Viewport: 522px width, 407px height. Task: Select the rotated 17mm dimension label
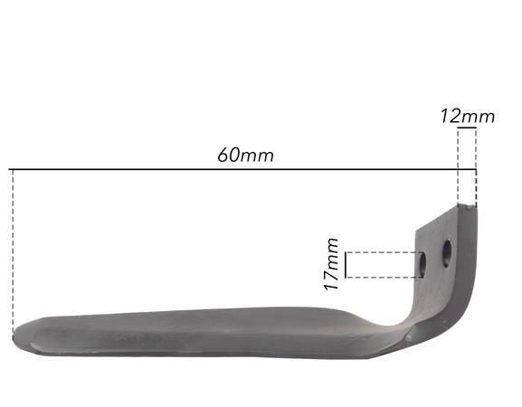(332, 263)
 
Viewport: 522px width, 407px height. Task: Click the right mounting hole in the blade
(446, 253)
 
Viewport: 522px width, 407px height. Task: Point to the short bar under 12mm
(467, 129)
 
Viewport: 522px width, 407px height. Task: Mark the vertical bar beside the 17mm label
(348, 264)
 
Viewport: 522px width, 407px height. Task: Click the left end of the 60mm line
(11, 169)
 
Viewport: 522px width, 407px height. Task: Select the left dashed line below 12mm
(459, 172)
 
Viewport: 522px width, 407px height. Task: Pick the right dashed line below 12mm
(476, 172)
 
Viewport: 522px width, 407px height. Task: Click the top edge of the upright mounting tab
(448, 214)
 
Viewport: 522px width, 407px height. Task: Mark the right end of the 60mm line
(476, 169)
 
